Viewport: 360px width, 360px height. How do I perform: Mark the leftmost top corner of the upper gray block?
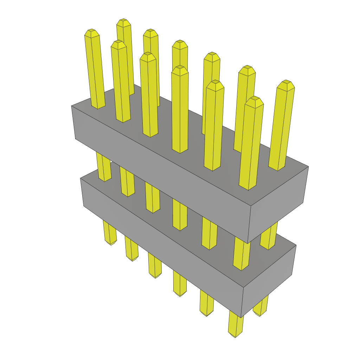[x=72, y=105]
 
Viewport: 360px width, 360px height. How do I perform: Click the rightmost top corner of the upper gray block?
[x=308, y=166]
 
